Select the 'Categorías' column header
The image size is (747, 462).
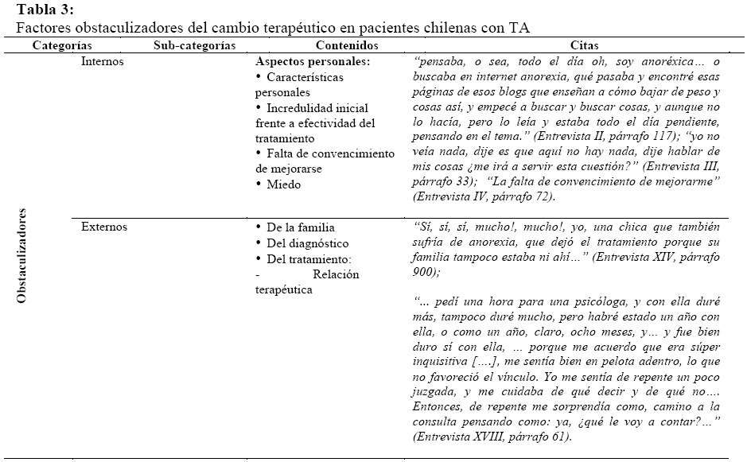pos(61,46)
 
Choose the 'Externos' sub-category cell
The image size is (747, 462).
pos(104,227)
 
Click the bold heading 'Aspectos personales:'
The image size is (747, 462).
pos(313,61)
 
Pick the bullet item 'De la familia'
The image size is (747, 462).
pos(301,227)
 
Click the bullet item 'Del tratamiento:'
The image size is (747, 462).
pos(309,259)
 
